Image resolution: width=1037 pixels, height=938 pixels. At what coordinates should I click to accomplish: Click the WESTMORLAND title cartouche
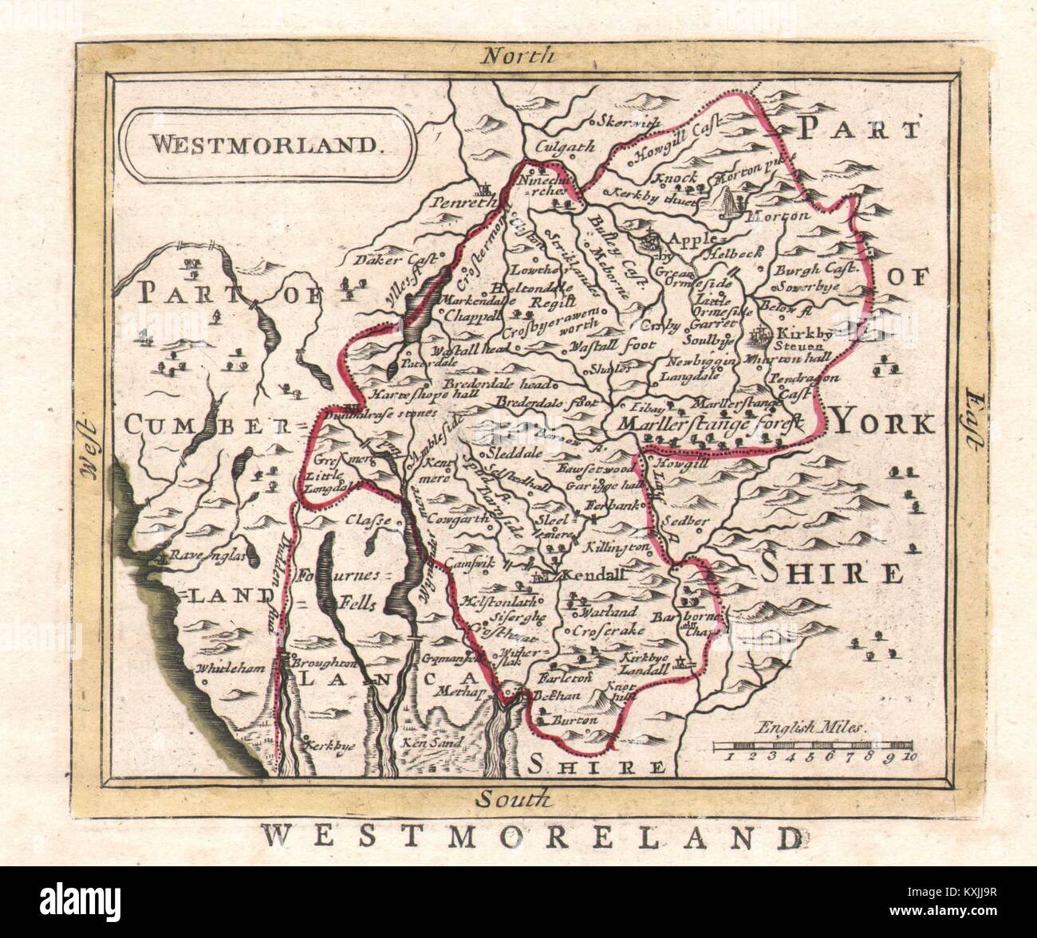point(264,145)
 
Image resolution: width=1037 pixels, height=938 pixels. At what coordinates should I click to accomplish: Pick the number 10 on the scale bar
point(909,759)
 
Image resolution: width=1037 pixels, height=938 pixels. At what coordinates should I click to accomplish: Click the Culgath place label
point(567,146)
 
